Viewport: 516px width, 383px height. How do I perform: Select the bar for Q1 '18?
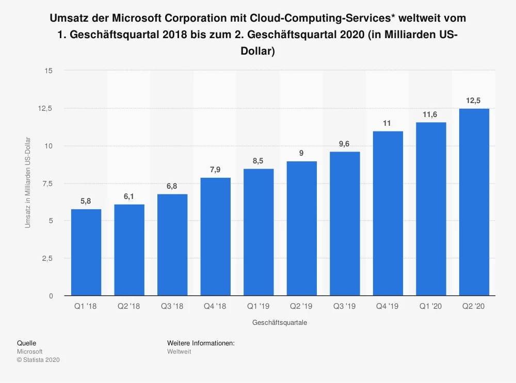86,252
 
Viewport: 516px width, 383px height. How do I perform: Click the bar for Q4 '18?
215,237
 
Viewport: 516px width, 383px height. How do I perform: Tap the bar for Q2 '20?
474,202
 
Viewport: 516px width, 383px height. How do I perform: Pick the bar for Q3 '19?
345,224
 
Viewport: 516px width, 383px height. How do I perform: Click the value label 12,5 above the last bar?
474,101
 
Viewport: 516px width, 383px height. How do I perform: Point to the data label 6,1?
129,196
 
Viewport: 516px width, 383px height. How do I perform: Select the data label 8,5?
258,161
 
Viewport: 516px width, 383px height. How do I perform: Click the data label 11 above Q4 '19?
388,123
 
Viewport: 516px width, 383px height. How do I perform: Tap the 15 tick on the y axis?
49,71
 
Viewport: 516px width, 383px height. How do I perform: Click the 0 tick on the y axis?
51,296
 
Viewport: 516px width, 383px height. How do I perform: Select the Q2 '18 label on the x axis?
129,306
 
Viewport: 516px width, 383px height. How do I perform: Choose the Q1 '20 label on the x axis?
430,306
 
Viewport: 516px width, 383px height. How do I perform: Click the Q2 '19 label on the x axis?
301,306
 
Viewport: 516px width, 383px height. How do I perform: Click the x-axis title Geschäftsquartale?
280,323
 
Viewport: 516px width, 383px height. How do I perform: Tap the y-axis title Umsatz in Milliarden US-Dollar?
28,183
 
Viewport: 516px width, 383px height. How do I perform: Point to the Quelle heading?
27,343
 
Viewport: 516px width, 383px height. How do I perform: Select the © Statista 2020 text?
39,360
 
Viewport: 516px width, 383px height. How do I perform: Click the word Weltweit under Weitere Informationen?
179,352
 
